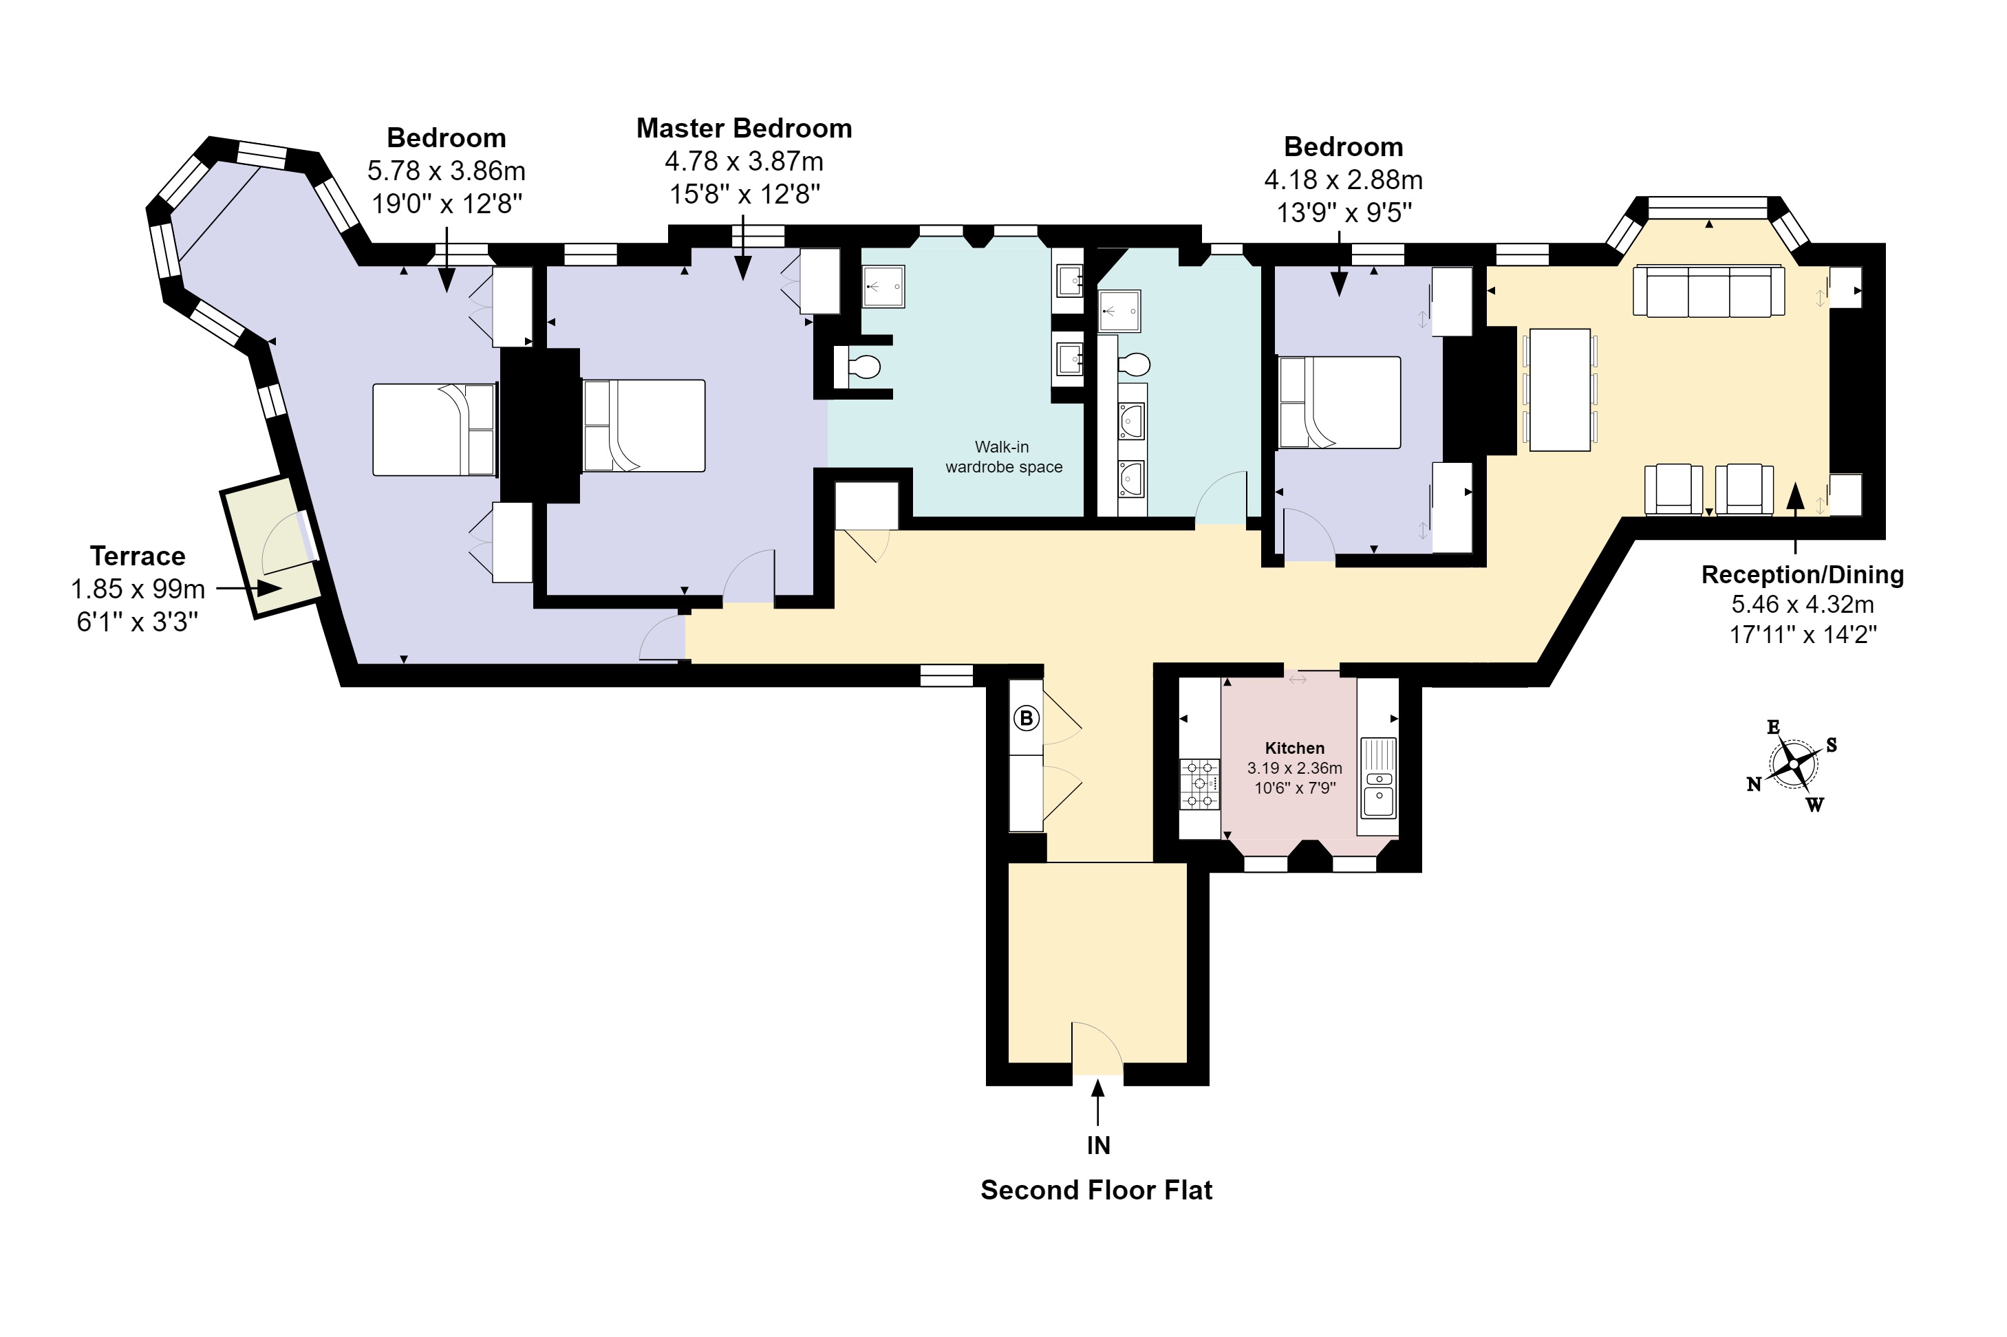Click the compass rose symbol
(x=1793, y=765)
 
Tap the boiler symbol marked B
(x=1026, y=718)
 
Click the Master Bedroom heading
(x=744, y=128)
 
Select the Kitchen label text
(x=1295, y=748)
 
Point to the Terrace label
(x=138, y=556)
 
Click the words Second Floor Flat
(x=1096, y=1190)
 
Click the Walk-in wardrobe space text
(x=1004, y=457)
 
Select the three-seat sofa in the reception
(x=1708, y=291)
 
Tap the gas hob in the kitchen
(x=1200, y=783)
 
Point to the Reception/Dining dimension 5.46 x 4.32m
(x=1802, y=605)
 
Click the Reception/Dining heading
(x=1802, y=575)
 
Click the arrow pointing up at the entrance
(x=1097, y=1102)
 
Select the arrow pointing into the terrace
(x=249, y=588)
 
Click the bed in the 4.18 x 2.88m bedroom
(x=1339, y=402)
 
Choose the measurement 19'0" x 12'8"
(x=446, y=204)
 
